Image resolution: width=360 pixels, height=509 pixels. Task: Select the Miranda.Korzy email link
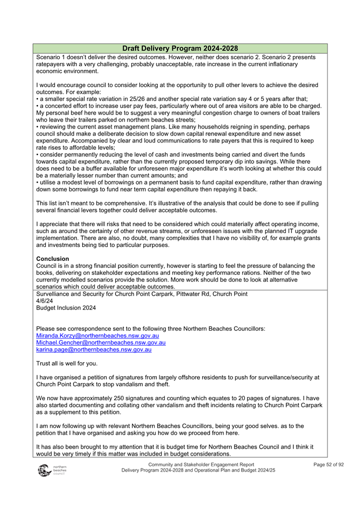pyautogui.click(x=97, y=336)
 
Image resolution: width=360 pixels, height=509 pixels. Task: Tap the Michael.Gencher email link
pyautogui.click(x=100, y=343)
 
